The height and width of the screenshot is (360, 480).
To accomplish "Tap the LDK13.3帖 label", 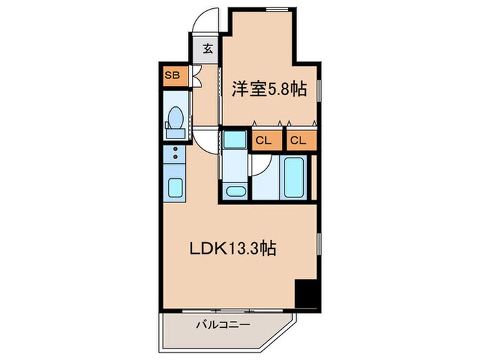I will click(x=232, y=250).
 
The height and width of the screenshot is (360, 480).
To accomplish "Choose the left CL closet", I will click(x=263, y=141).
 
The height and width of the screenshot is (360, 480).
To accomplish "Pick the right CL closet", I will click(x=297, y=141).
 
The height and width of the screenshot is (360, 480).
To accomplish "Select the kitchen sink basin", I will click(x=174, y=187).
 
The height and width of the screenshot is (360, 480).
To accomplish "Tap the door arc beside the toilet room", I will click(x=205, y=138).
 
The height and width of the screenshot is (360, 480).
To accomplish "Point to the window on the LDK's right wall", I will click(x=319, y=243).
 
